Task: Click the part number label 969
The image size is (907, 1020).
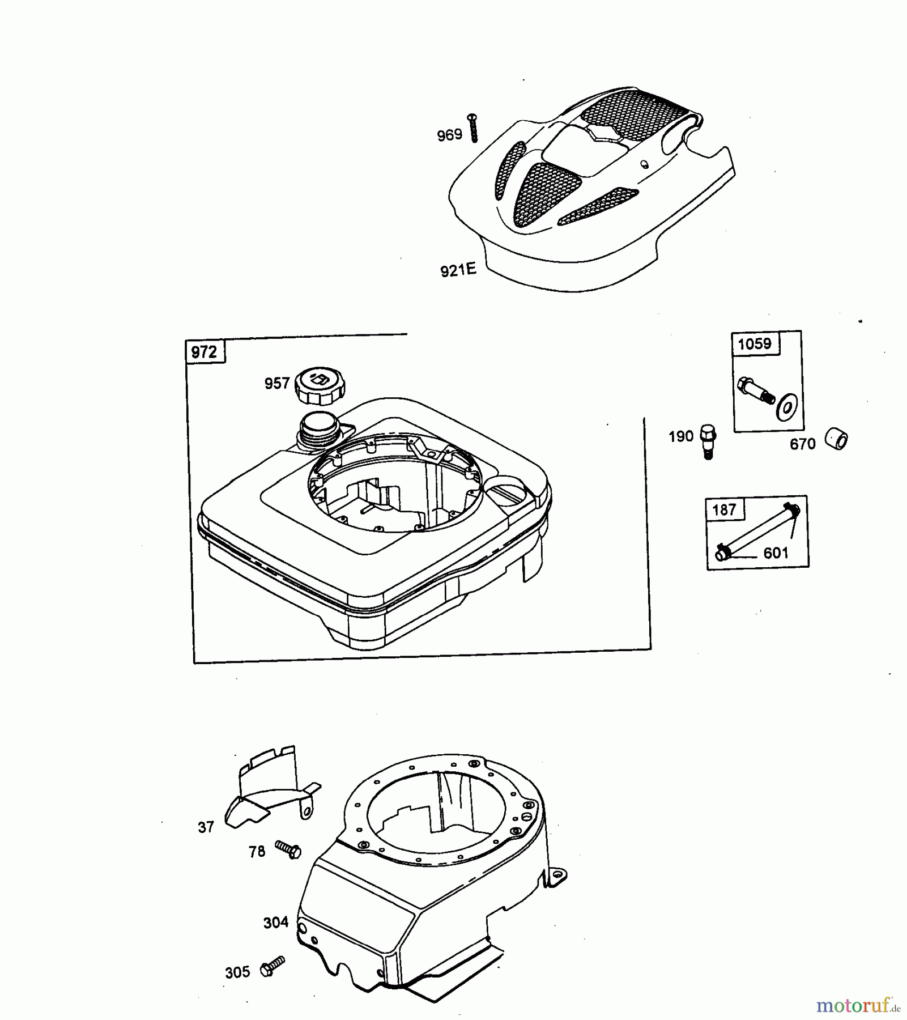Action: click(x=449, y=135)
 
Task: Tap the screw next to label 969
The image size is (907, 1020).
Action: click(x=473, y=127)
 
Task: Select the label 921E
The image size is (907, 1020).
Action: click(x=458, y=270)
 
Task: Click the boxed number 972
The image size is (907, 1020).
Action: click(x=204, y=352)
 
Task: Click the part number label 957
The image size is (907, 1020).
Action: click(x=277, y=384)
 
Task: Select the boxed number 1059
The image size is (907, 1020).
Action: click(x=755, y=344)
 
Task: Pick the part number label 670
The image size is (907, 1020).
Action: click(x=803, y=444)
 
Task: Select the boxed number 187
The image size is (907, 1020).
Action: click(x=724, y=510)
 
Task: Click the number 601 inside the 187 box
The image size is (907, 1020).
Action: click(x=776, y=552)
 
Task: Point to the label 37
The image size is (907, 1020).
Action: click(x=206, y=828)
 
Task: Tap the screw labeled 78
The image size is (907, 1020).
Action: click(x=288, y=849)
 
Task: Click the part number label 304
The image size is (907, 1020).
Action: click(x=276, y=923)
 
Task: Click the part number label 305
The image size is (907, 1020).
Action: click(x=237, y=972)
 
